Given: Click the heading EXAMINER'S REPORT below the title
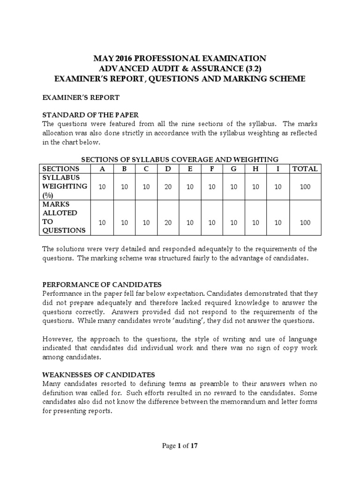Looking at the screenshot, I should point(81,97).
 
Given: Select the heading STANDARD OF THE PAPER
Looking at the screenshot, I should point(91,115).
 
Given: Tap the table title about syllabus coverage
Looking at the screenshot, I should point(180,159).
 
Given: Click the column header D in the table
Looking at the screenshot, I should point(168,169).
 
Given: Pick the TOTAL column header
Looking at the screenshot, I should point(305,169).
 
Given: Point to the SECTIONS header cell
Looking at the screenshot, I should point(61,169).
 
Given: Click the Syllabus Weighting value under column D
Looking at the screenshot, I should point(168,187).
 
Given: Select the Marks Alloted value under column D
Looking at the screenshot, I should point(168,223).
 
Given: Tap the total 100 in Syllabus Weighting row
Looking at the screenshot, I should point(305,187).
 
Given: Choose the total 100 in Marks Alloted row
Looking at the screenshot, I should point(305,223).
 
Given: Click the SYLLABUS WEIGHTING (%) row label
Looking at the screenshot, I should point(65,187).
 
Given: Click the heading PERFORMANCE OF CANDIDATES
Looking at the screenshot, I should point(102,285).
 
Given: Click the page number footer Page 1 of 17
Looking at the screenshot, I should point(180,446).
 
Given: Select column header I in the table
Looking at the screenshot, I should point(278,169).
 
